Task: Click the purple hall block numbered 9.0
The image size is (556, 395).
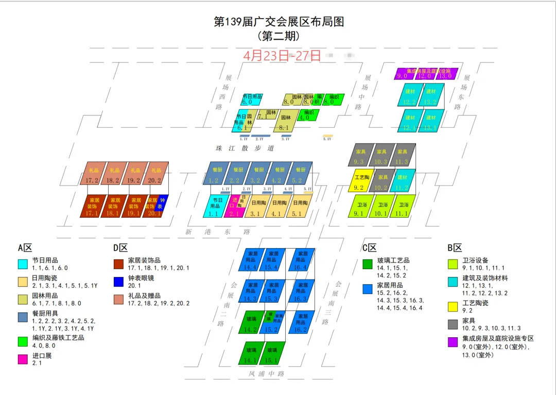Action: [x=402, y=74]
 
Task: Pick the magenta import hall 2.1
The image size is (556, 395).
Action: [x=233, y=206]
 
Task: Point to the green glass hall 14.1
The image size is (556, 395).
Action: [x=251, y=353]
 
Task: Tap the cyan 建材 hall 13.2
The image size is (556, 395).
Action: [x=431, y=95]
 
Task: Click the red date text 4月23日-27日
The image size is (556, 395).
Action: [x=282, y=56]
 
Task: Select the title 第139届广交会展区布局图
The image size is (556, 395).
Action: [x=279, y=22]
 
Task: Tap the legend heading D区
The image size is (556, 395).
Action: [x=121, y=248]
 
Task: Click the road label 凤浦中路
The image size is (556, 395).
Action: [x=266, y=373]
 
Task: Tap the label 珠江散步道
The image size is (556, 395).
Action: [x=245, y=149]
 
